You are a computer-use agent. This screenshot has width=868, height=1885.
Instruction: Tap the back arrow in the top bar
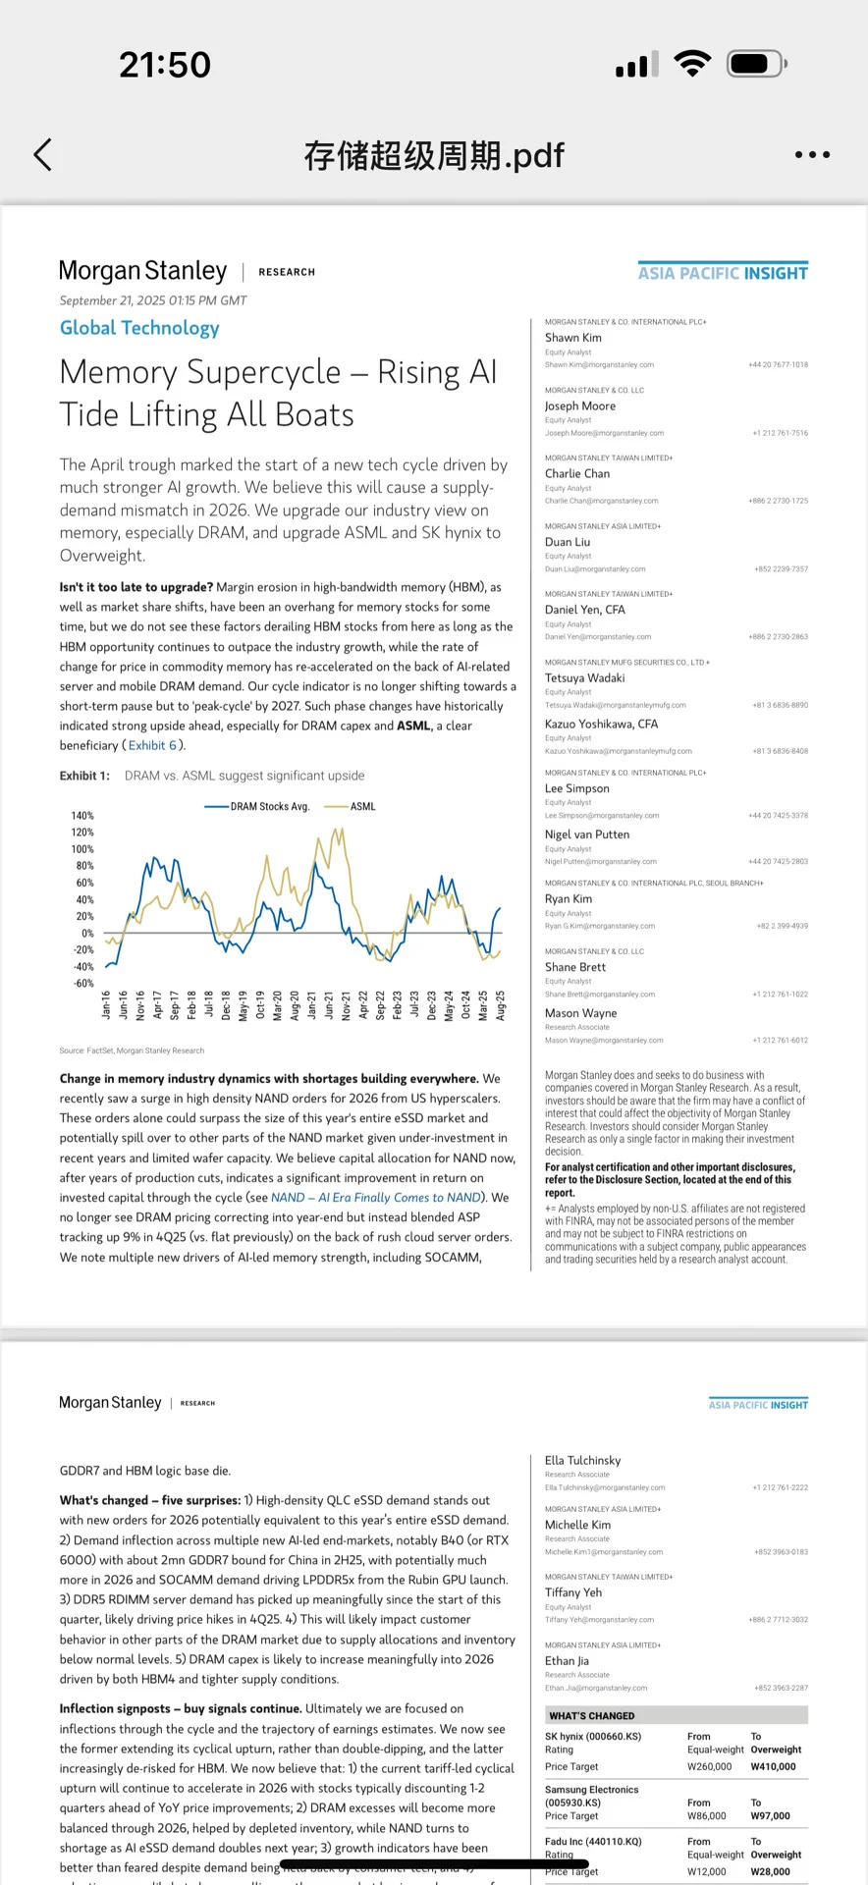click(x=43, y=154)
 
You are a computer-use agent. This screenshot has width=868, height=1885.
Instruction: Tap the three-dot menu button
click(x=812, y=154)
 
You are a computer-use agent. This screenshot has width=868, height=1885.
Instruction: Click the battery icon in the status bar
click(x=755, y=65)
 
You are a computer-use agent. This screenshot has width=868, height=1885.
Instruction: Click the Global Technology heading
click(x=139, y=328)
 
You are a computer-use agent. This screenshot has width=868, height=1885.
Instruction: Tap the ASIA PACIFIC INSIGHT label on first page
click(x=723, y=273)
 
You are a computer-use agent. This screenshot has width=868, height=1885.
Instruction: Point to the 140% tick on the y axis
click(x=82, y=816)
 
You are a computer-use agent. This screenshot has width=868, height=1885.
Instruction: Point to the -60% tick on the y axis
click(x=82, y=983)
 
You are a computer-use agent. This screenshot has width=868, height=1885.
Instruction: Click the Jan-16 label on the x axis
click(x=106, y=1004)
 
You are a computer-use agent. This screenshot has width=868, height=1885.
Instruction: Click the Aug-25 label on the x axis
click(x=501, y=1004)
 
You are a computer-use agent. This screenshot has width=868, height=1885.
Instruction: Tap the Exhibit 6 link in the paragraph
click(x=153, y=745)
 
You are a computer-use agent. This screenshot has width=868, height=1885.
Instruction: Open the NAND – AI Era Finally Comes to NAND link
click(x=376, y=1198)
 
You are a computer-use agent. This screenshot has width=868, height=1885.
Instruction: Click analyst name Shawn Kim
click(x=573, y=338)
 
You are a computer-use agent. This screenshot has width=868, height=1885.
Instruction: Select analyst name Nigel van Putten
click(x=587, y=835)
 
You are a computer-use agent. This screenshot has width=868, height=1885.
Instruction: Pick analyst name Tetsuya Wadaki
click(x=584, y=677)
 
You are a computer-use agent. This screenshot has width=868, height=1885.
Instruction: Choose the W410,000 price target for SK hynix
click(x=774, y=1766)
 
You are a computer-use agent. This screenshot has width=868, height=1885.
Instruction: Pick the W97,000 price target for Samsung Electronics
click(x=771, y=1815)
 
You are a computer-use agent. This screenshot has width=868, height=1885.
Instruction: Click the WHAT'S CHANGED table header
click(x=592, y=1715)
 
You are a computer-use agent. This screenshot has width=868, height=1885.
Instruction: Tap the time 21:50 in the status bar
click(x=165, y=65)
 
